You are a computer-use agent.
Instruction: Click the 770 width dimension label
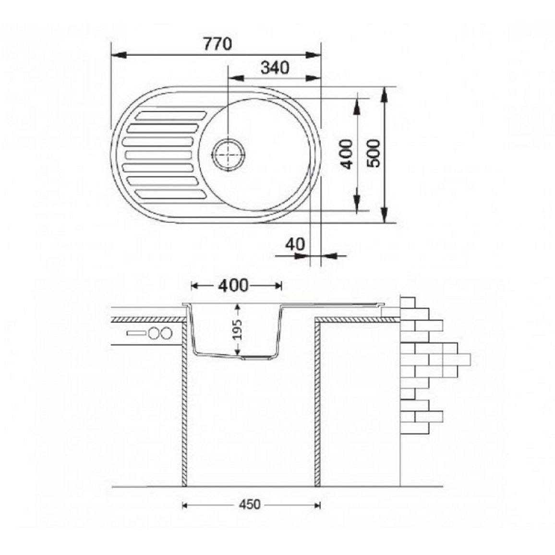[x=217, y=44]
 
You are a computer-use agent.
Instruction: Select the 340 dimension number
[x=275, y=67]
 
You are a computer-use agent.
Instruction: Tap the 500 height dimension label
[x=373, y=153]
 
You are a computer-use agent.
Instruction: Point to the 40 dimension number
[x=295, y=244]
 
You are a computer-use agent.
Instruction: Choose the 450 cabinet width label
[x=250, y=504]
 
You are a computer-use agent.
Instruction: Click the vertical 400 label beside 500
[x=346, y=154]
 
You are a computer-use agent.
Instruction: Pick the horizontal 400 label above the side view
[x=233, y=286]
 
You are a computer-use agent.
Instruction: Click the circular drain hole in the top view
[x=229, y=155]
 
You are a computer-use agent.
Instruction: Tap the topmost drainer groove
[x=170, y=115]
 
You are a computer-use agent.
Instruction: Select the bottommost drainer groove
[x=170, y=194]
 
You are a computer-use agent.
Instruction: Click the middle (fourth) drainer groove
[x=159, y=155]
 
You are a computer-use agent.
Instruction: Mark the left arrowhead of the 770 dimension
[x=119, y=55]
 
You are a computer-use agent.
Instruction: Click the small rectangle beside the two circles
[x=137, y=333]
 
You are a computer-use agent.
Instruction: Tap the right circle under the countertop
[x=166, y=333]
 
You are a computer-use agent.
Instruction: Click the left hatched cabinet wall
[x=184, y=403]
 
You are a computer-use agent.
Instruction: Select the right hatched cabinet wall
[x=317, y=403]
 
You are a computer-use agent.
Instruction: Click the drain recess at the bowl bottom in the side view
[x=257, y=358]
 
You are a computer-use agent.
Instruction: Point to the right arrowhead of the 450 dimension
[x=317, y=506]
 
